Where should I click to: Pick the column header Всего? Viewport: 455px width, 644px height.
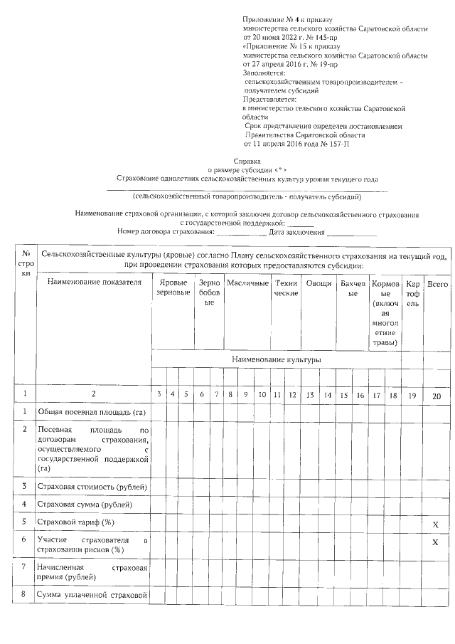437,283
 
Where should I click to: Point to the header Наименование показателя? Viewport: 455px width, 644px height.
90,283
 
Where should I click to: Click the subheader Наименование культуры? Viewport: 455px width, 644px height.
276,359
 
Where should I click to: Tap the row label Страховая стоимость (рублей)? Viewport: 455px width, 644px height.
92,486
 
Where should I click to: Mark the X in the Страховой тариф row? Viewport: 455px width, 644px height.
435,524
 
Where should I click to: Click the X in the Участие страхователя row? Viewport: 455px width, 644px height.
435,542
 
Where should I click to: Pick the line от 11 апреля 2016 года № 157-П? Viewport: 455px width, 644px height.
296,144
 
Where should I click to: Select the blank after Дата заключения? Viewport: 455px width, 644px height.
352,233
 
